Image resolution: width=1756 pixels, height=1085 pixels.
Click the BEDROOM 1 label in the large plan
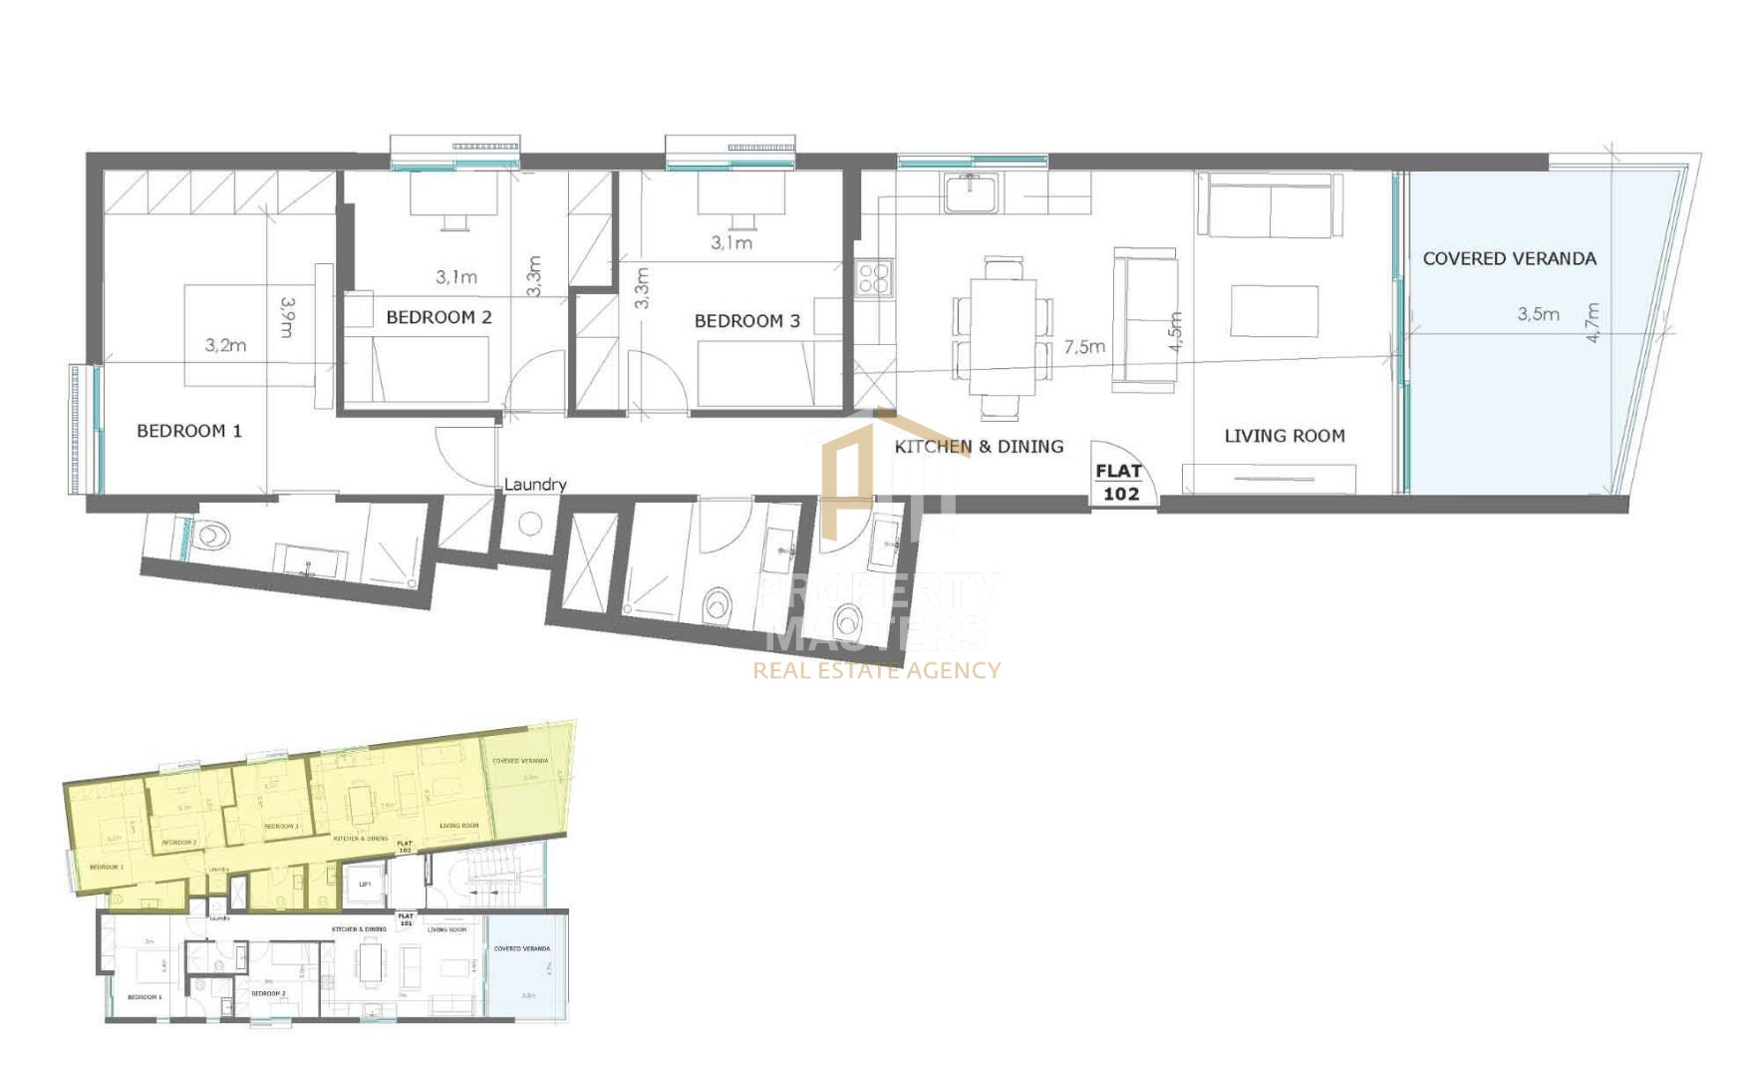point(189,431)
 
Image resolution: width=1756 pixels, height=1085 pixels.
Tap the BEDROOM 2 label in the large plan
point(439,317)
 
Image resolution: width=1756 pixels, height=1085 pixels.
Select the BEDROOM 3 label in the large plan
point(746,321)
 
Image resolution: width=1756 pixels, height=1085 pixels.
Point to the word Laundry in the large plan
point(535,485)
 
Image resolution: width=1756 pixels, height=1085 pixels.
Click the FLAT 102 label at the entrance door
point(1120,483)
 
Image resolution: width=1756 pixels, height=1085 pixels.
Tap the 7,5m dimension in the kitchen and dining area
point(1084,347)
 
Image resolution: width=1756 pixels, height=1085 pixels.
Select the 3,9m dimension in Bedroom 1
point(287,317)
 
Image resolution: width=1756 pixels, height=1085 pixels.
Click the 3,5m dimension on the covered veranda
point(1538,314)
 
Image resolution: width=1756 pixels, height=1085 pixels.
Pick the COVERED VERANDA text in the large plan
point(1509,258)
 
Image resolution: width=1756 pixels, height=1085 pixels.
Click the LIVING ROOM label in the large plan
point(1284,436)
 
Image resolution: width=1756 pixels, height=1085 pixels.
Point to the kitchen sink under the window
point(971,192)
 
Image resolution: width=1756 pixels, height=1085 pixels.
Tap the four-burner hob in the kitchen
point(874,278)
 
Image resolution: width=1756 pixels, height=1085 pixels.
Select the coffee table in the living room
point(1274,310)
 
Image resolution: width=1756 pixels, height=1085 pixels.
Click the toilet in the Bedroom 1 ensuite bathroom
point(212,537)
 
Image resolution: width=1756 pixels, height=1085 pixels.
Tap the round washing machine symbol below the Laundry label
point(529,524)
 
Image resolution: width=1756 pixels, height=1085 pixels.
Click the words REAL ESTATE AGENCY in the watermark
point(876,670)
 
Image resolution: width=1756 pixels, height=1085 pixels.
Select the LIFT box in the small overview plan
point(365,885)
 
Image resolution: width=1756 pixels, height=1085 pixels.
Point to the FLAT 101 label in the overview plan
point(406,918)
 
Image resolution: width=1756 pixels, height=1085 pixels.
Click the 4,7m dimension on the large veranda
point(1593,322)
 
